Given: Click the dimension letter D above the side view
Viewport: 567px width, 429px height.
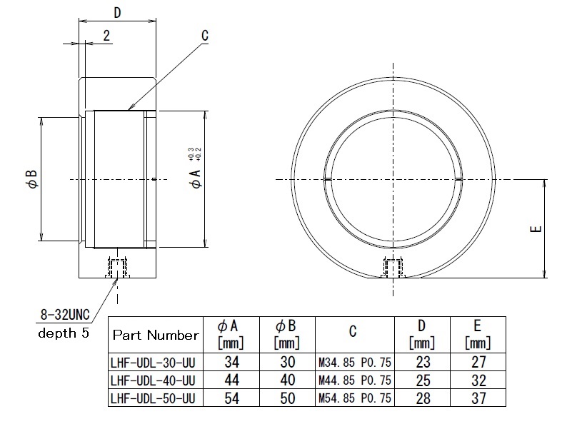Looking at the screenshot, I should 118,13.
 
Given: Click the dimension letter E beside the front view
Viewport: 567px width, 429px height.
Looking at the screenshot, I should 536,229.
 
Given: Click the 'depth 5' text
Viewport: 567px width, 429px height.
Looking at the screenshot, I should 64,334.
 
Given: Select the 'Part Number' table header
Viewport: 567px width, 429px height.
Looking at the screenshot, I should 156,335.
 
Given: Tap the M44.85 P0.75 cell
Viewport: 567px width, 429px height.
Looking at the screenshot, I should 353,380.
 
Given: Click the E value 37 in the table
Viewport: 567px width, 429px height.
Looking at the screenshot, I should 478,398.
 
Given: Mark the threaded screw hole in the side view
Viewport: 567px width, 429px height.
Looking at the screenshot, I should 116,268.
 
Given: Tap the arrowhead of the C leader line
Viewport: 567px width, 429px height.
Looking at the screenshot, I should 129,109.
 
